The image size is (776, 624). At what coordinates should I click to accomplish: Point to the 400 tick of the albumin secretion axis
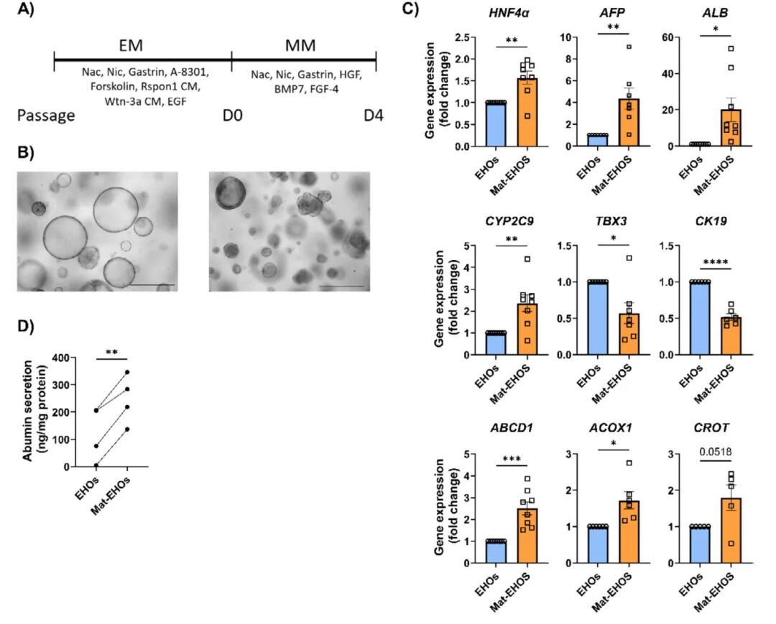(68, 358)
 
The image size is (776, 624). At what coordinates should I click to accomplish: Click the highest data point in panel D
(127, 372)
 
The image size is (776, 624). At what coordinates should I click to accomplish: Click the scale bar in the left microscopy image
(152, 285)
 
